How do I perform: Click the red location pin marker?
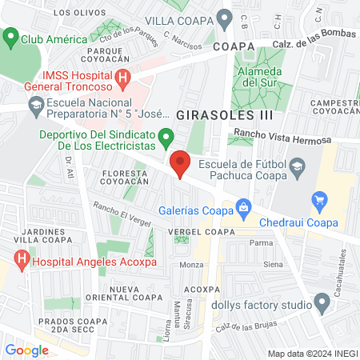[x=181, y=163]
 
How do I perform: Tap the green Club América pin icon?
[x=11, y=38]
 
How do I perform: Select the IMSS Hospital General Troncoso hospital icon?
[x=122, y=78]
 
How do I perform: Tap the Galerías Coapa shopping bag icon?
[x=242, y=209]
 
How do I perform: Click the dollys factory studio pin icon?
[x=322, y=304]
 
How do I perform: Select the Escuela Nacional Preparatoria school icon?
[x=36, y=104]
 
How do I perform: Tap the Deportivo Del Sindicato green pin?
[x=165, y=136]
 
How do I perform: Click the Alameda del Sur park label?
[x=258, y=76]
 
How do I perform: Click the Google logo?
[x=27, y=350]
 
